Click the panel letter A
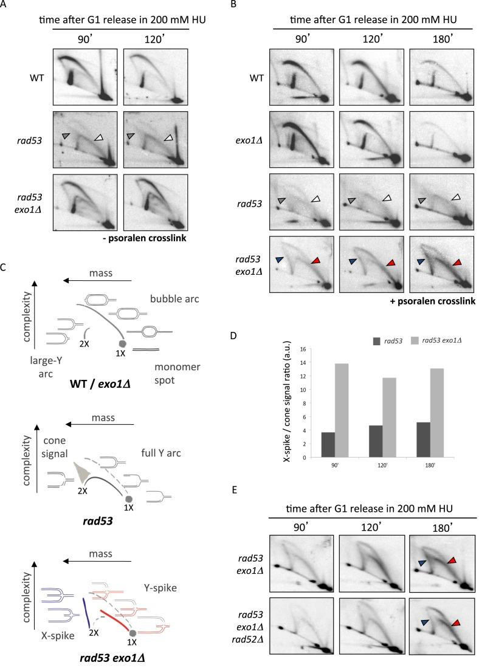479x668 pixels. pos(5,7)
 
